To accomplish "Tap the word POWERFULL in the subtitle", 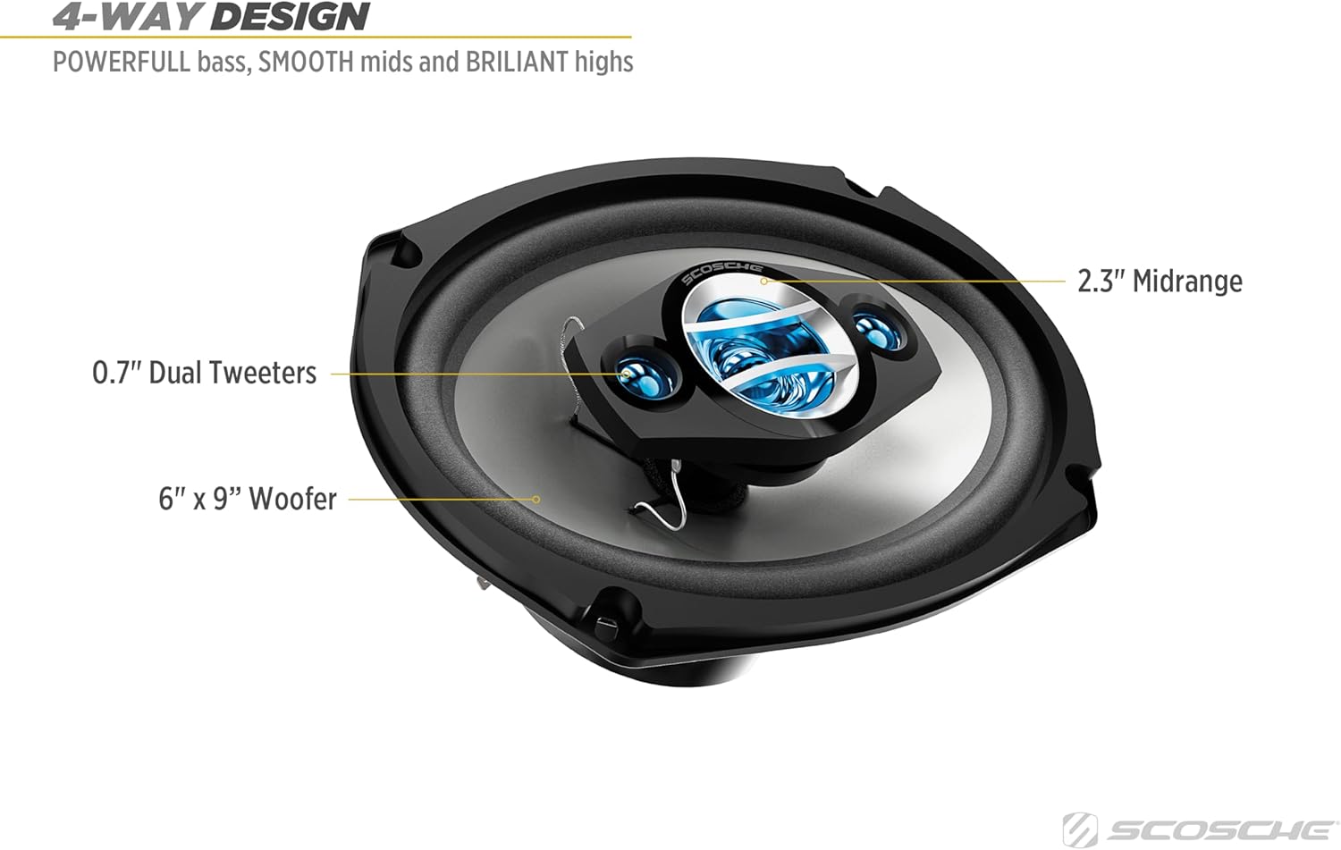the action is pos(122,62).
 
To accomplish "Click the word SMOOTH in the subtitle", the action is pos(306,62).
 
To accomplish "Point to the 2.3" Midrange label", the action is pos(1160,282).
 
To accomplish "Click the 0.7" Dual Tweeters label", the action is pos(205,373).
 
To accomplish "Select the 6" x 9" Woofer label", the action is pos(248,499).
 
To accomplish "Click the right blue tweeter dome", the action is pos(871,325).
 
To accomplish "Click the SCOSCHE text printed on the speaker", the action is pos(721,273).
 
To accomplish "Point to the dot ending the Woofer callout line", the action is pos(536,500).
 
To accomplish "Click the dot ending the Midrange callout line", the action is pos(764,282).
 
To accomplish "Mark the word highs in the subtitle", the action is pos(604,62).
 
